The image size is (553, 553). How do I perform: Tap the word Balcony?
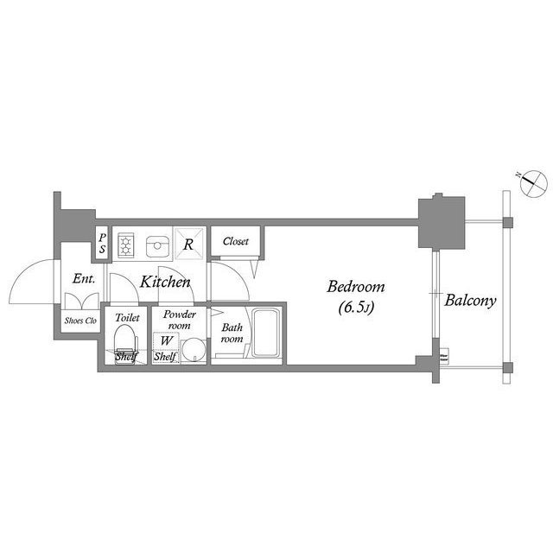click(x=470, y=301)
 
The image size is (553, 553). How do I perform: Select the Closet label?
click(x=235, y=242)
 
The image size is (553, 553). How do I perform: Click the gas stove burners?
click(x=126, y=245)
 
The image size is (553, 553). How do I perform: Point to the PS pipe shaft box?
click(x=102, y=244)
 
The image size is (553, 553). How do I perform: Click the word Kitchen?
click(x=165, y=282)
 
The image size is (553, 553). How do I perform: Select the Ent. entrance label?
click(x=83, y=279)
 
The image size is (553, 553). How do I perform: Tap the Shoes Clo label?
click(x=81, y=320)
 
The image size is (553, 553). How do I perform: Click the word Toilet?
click(x=127, y=317)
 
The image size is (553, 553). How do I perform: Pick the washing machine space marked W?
click(x=164, y=340)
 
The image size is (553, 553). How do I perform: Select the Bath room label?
click(x=232, y=334)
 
